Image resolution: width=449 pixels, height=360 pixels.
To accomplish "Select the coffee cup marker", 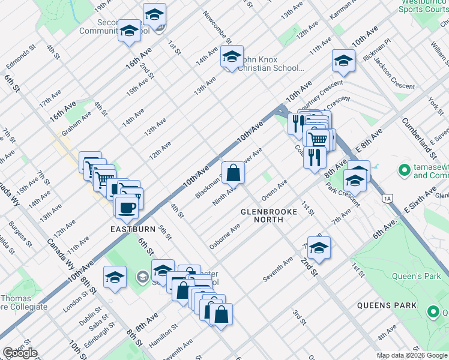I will [126, 208].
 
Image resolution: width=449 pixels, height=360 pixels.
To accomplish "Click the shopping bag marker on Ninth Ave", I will [234, 173].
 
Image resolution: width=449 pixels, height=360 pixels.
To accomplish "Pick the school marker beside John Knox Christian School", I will [231, 58].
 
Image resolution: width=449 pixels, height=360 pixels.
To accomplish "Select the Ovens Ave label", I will [274, 190].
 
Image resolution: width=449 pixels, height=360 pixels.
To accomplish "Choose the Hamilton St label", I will [163, 335].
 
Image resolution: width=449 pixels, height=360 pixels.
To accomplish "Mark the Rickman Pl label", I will [377, 50].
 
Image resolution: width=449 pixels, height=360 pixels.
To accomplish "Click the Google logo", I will [20, 353].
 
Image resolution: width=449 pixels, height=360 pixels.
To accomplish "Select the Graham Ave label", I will [76, 124].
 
